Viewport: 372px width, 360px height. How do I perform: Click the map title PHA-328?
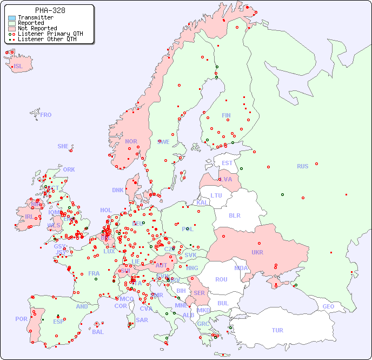50,10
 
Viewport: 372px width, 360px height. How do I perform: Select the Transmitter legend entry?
35,17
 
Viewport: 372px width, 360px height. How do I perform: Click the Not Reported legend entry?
37,28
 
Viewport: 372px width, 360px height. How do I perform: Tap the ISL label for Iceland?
18,67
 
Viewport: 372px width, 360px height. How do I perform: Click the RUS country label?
302,166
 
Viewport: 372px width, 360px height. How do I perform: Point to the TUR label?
277,330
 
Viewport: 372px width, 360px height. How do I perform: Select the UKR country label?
257,252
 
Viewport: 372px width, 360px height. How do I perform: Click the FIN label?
226,115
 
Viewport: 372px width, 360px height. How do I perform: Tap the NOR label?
131,141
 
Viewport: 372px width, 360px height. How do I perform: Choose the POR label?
21,319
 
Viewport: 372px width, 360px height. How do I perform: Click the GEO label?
328,306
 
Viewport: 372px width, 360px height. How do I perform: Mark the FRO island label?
46,115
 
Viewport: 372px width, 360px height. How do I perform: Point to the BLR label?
235,215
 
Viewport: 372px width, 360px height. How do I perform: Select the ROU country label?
221,279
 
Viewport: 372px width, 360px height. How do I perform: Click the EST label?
227,163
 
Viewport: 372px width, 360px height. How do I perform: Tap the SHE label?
63,146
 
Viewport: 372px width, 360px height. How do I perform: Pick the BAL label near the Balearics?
98,332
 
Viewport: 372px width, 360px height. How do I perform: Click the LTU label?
216,195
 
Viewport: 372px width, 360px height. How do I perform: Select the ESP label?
58,321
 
